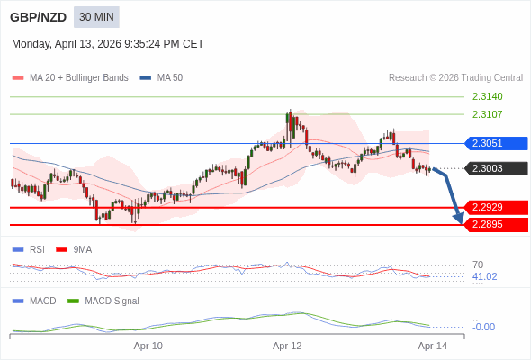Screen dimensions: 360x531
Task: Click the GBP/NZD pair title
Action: pyautogui.click(x=38, y=17)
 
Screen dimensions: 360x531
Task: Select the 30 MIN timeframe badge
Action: pyautogui.click(x=96, y=17)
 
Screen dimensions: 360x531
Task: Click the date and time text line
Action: pyautogui.click(x=108, y=43)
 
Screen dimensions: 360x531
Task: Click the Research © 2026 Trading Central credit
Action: pyautogui.click(x=455, y=78)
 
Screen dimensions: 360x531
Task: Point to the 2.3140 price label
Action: pyautogui.click(x=487, y=96)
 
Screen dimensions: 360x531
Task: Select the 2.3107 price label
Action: pyautogui.click(x=487, y=114)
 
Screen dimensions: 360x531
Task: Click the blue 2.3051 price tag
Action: pyautogui.click(x=495, y=143)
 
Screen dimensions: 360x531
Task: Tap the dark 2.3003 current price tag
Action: pyautogui.click(x=495, y=168)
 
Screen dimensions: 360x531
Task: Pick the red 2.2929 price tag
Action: pyautogui.click(x=495, y=207)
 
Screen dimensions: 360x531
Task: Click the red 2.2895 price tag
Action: pyautogui.click(x=495, y=224)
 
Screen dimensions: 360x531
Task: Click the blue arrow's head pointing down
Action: pyautogui.click(x=459, y=218)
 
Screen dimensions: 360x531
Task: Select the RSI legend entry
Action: pyautogui.click(x=36, y=249)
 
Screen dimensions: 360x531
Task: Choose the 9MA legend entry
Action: pyautogui.click(x=82, y=249)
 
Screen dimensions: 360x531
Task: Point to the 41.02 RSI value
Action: pyautogui.click(x=484, y=276)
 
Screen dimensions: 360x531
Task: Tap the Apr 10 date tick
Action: pyautogui.click(x=148, y=346)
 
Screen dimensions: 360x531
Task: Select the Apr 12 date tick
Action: pyautogui.click(x=287, y=346)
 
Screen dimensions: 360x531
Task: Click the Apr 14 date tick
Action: pyautogui.click(x=432, y=346)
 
